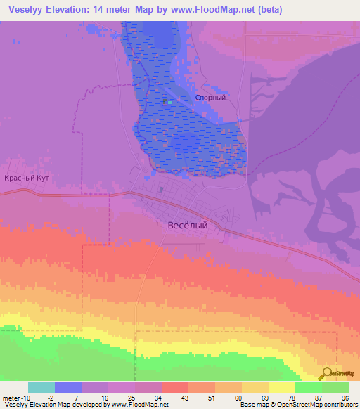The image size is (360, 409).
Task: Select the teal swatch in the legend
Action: pos(41,387)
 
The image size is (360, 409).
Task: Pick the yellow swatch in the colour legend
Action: pos(282,387)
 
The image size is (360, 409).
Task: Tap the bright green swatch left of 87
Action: pos(309,387)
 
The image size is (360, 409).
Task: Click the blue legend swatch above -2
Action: pos(68,387)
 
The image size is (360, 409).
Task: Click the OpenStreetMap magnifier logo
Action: pos(327,373)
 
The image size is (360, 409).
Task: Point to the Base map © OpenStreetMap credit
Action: pos(277,404)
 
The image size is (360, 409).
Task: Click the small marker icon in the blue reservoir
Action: pos(166,101)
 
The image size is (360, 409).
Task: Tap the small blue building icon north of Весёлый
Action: pos(161,189)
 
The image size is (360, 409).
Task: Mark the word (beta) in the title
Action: pos(268,10)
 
